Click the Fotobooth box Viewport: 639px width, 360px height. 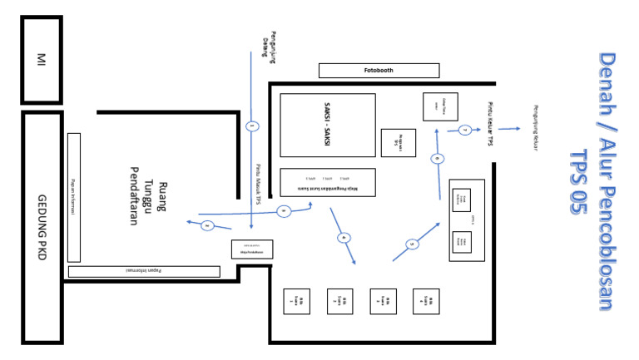pyautogui.click(x=379, y=71)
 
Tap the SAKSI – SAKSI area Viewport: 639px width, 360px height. pyautogui.click(x=327, y=125)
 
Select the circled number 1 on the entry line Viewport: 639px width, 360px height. pyautogui.click(x=252, y=126)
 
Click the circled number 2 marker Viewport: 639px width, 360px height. pyautogui.click(x=207, y=225)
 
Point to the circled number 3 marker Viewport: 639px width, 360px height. pyautogui.click(x=284, y=211)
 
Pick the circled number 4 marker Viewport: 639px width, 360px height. pyautogui.click(x=344, y=238)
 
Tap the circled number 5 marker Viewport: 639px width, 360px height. pyautogui.click(x=413, y=244)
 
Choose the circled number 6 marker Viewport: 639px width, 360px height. pyautogui.click(x=438, y=158)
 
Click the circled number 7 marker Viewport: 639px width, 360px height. pyautogui.click(x=465, y=130)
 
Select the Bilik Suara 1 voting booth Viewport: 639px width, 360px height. pyautogui.click(x=296, y=301)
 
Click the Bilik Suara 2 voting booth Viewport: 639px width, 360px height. pyautogui.click(x=339, y=301)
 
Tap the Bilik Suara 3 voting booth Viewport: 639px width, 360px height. pyautogui.click(x=383, y=301)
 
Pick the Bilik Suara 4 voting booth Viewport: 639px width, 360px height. pyautogui.click(x=426, y=301)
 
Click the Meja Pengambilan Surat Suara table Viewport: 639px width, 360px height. pyautogui.click(x=327, y=182)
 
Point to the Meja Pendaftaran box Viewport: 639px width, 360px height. pyautogui.click(x=251, y=249)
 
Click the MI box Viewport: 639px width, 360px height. pyautogui.click(x=41, y=60)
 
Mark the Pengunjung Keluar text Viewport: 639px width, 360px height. pyautogui.click(x=536, y=128)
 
